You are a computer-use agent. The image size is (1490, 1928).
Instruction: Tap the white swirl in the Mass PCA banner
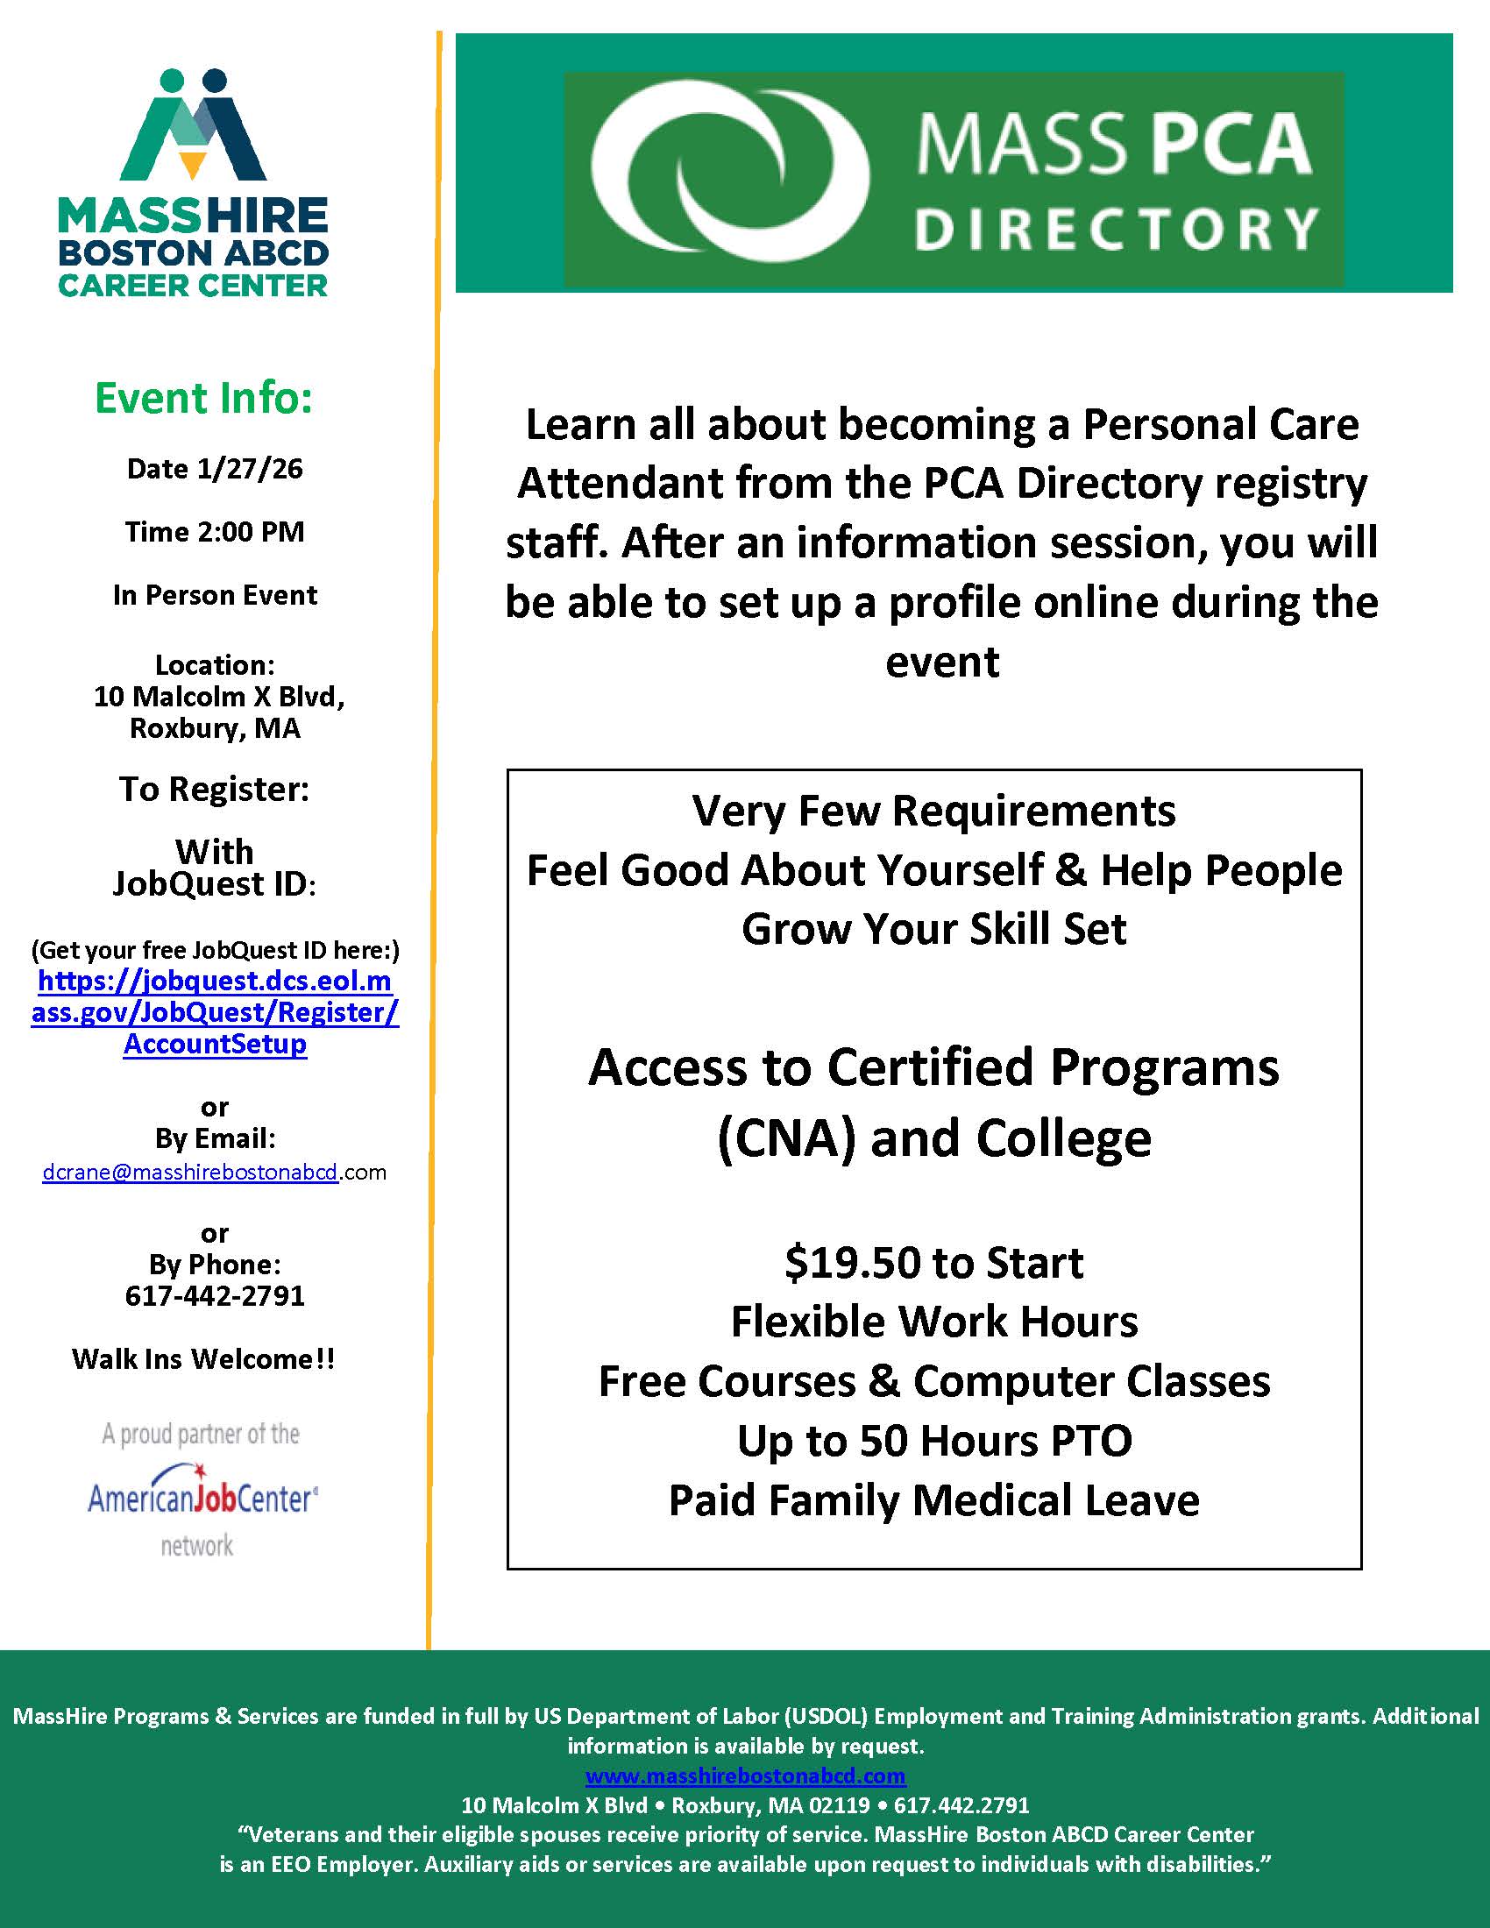pos(729,174)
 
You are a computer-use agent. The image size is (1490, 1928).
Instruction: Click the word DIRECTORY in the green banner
pos(1116,229)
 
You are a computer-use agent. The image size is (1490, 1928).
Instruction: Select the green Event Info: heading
pos(204,398)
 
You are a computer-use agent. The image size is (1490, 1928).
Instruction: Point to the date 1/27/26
pos(249,469)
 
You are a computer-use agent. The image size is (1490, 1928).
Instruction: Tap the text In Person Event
pos(215,596)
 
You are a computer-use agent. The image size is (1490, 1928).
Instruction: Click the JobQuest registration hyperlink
pos(215,1011)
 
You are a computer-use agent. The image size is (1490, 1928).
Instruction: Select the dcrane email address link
pos(191,1173)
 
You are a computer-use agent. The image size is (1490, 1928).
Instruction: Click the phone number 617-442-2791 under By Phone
pos(215,1296)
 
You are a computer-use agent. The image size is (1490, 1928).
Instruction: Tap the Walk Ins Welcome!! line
pos(203,1359)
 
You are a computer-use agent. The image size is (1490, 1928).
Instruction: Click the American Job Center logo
pos(202,1498)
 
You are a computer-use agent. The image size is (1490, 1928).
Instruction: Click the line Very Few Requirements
pos(934,811)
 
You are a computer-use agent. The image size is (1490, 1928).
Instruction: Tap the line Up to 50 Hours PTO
pos(934,1442)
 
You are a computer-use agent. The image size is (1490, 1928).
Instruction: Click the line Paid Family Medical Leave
pos(934,1500)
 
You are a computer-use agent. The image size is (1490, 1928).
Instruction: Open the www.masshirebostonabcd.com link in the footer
pos(745,1776)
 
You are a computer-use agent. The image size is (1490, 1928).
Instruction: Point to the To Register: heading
pos(215,790)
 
